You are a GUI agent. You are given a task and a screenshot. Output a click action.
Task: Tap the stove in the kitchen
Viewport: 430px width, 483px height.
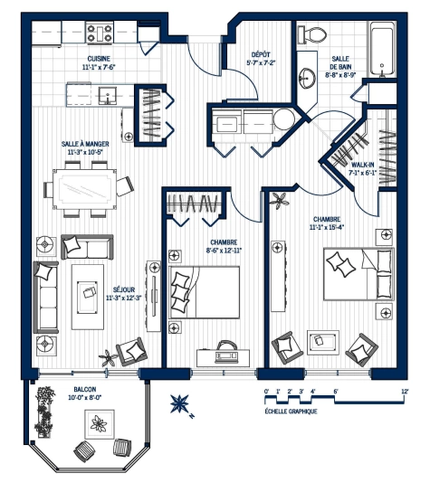coord(100,33)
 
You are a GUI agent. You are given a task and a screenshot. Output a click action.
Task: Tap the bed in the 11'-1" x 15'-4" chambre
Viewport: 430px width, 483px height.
coord(358,272)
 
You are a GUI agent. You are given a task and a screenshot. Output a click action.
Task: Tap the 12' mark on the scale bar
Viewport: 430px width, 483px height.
coord(405,392)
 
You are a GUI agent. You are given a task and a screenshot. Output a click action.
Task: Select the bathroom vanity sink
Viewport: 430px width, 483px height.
coord(310,75)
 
